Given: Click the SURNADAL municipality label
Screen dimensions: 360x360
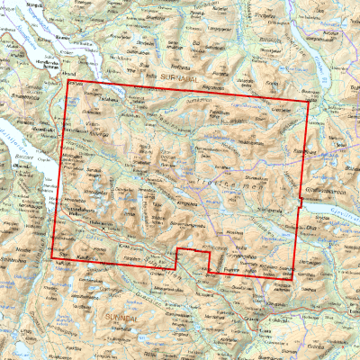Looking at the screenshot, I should pyautogui.click(x=184, y=76).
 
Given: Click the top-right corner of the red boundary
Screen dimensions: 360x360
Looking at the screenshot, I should pyautogui.click(x=309, y=101).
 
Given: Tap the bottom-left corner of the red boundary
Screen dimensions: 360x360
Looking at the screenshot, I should pyautogui.click(x=52, y=258).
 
